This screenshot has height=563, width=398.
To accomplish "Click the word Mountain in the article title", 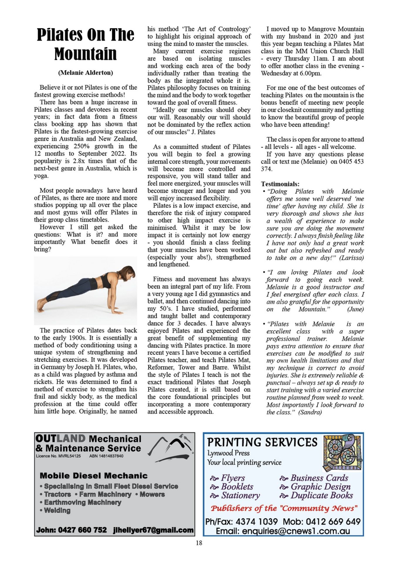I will click(x=85, y=54).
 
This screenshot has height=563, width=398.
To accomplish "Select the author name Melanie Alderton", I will click(x=85, y=73).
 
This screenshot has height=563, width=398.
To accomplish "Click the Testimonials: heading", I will click(x=280, y=184).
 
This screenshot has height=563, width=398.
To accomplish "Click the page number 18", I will click(x=199, y=543).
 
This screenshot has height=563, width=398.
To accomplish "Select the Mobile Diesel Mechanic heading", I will click(x=93, y=476).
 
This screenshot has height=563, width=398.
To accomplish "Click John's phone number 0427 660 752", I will click(x=82, y=530).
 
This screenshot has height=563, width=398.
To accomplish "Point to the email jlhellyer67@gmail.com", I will click(x=153, y=530).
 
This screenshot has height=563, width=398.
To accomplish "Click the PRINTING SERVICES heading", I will click(x=262, y=442).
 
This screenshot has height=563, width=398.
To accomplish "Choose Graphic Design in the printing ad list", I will click(x=320, y=487).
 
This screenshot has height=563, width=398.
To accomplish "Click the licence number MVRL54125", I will click(x=69, y=456).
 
